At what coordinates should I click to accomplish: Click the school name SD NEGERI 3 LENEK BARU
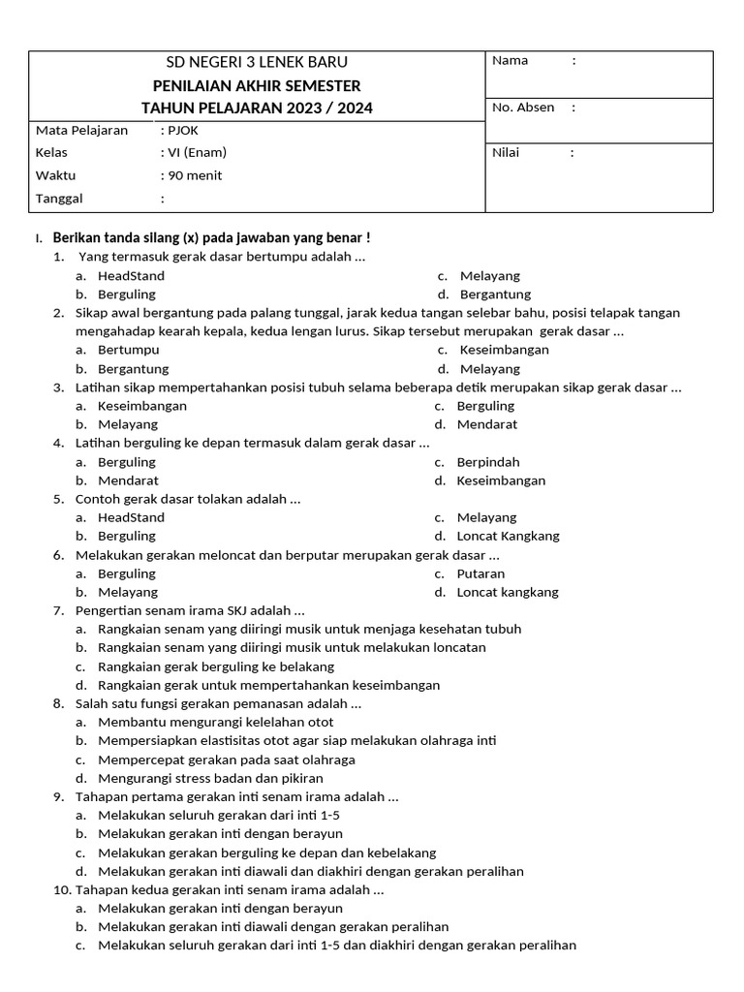click(x=257, y=63)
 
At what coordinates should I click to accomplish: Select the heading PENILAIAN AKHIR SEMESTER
click(x=257, y=85)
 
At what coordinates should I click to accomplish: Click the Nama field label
click(x=511, y=60)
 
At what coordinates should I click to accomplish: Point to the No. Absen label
click(x=523, y=108)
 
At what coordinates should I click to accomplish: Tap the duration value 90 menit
click(x=195, y=175)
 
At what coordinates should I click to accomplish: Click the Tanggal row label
click(x=59, y=199)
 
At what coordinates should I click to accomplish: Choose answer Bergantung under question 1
click(x=495, y=294)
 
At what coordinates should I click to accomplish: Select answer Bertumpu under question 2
click(x=129, y=350)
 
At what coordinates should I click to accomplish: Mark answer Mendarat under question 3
click(x=487, y=424)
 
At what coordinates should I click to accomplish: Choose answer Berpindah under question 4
click(x=488, y=462)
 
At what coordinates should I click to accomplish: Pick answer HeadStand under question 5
click(x=131, y=517)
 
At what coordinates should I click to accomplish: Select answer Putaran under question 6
click(x=481, y=573)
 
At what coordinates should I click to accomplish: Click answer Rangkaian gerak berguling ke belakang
click(x=216, y=666)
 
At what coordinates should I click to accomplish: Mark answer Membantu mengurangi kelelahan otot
click(x=216, y=722)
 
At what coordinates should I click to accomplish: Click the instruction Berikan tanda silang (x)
click(x=210, y=237)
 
